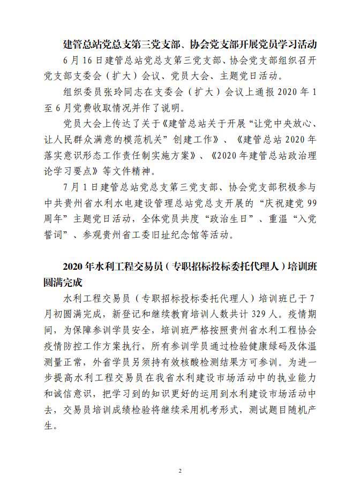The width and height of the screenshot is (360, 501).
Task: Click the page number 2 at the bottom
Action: click(x=180, y=471)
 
